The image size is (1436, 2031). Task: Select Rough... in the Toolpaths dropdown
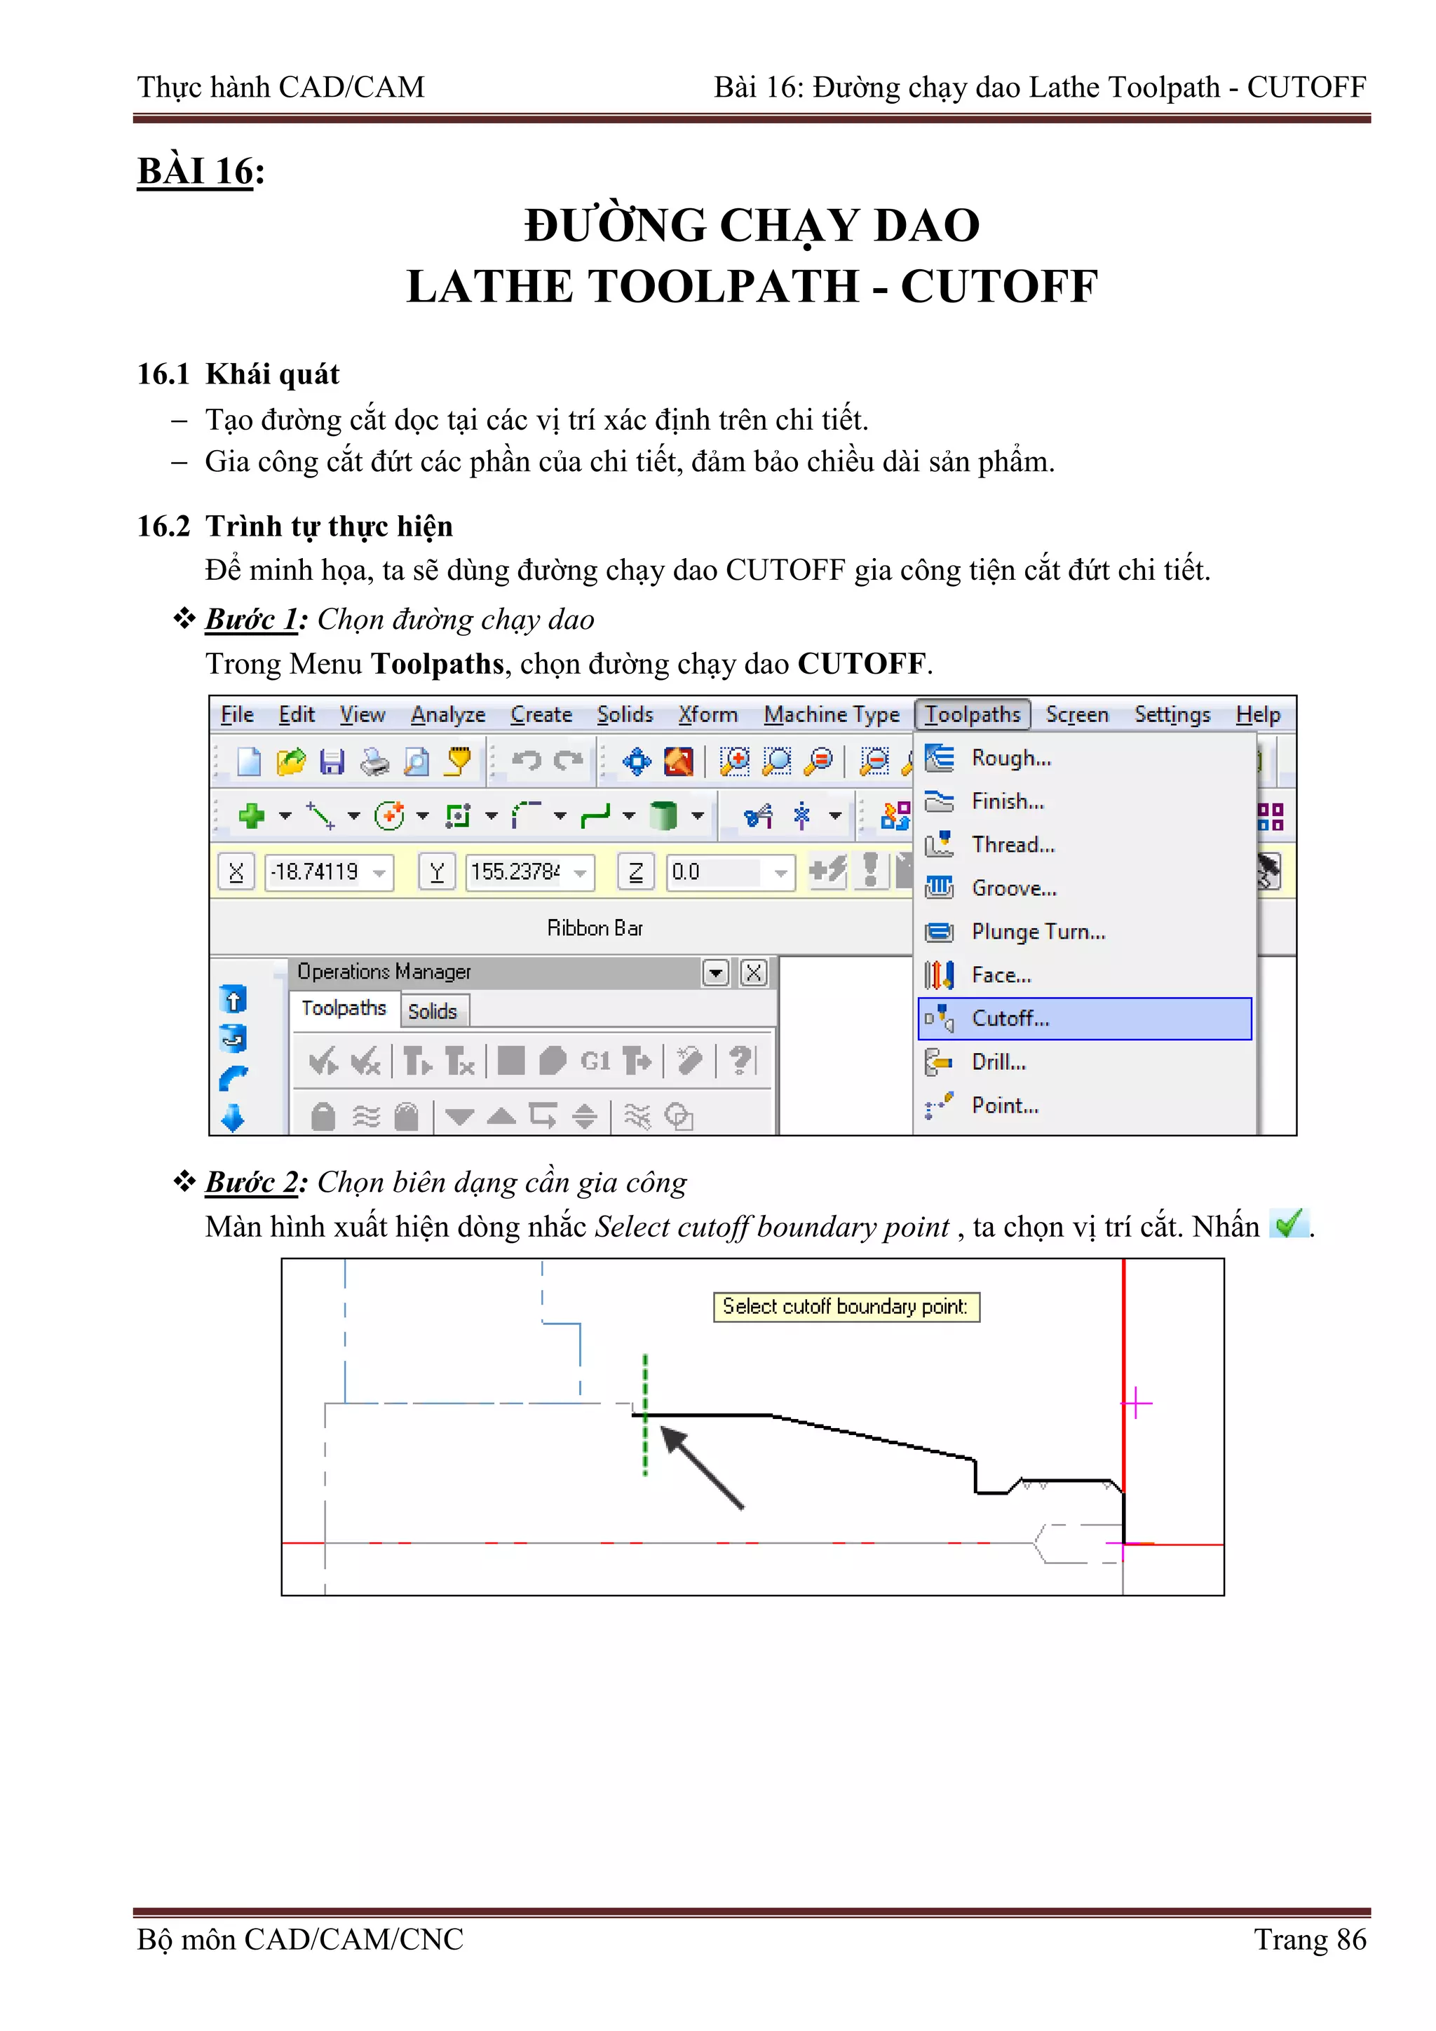[x=1010, y=758]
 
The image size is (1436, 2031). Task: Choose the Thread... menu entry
[x=1012, y=845]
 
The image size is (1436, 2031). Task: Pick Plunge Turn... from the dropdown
[x=1038, y=932]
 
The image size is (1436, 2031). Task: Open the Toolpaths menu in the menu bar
[x=973, y=715]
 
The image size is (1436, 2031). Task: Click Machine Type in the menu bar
[x=831, y=715]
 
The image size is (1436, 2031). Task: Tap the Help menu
[x=1257, y=715]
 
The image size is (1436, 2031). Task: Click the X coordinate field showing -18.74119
[x=317, y=872]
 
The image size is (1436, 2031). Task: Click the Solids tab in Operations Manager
[x=433, y=1011]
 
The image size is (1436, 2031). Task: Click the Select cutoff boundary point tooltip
[x=846, y=1307]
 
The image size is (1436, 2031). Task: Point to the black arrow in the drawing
[x=702, y=1467]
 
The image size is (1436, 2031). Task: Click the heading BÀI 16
[x=196, y=171]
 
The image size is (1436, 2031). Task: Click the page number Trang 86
[x=1310, y=1939]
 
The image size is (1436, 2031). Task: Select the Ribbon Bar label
[x=595, y=928]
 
